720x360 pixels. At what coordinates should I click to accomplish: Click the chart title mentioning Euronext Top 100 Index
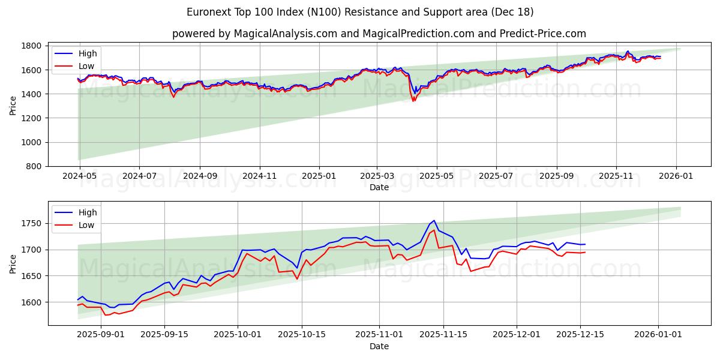(x=360, y=12)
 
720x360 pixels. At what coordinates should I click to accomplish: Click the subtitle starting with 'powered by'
(x=379, y=34)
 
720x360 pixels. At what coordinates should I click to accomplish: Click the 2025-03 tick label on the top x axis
(x=377, y=176)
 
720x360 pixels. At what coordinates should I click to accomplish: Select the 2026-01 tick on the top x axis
(x=677, y=176)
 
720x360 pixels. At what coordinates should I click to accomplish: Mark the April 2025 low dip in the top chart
(x=413, y=101)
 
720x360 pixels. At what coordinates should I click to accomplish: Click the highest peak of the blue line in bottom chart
(x=434, y=220)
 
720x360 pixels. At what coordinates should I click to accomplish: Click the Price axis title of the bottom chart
(x=13, y=263)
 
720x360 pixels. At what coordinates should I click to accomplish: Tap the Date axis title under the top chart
(x=379, y=187)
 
